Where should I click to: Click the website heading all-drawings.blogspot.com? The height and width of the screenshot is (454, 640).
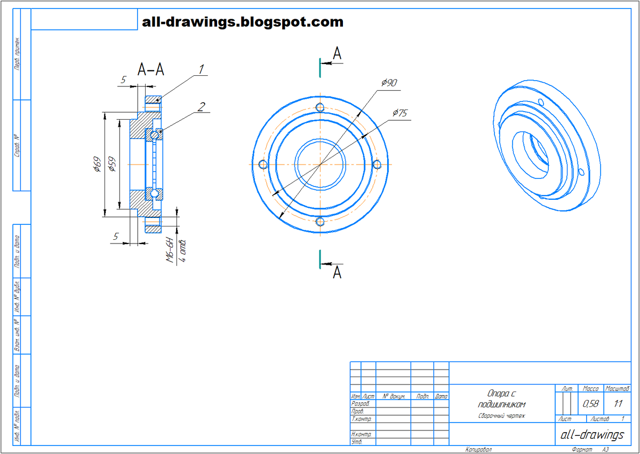click(243, 22)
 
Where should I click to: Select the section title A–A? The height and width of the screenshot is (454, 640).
click(150, 70)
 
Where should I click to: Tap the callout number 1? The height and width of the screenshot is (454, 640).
click(201, 69)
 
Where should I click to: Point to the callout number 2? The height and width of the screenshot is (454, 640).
click(201, 106)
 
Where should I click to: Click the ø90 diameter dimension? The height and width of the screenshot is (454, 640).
click(389, 83)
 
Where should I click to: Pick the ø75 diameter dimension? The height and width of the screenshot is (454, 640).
click(400, 113)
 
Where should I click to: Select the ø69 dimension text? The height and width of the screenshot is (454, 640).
click(97, 165)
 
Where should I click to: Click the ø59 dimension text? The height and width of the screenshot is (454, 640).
click(111, 165)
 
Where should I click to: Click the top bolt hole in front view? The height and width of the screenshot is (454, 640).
click(320, 107)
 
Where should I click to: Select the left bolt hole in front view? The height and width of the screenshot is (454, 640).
click(262, 164)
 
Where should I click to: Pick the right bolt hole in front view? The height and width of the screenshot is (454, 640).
click(377, 165)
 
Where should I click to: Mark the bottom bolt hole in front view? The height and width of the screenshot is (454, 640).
click(320, 222)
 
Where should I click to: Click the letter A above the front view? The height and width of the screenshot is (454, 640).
click(337, 53)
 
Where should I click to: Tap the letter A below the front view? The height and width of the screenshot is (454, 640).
click(337, 272)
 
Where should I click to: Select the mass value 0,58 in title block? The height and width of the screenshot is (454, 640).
click(590, 403)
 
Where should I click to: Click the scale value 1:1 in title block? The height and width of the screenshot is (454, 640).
click(619, 403)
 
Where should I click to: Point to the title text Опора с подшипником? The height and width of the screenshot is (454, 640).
click(501, 398)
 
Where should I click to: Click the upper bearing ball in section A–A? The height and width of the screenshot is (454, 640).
click(154, 136)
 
